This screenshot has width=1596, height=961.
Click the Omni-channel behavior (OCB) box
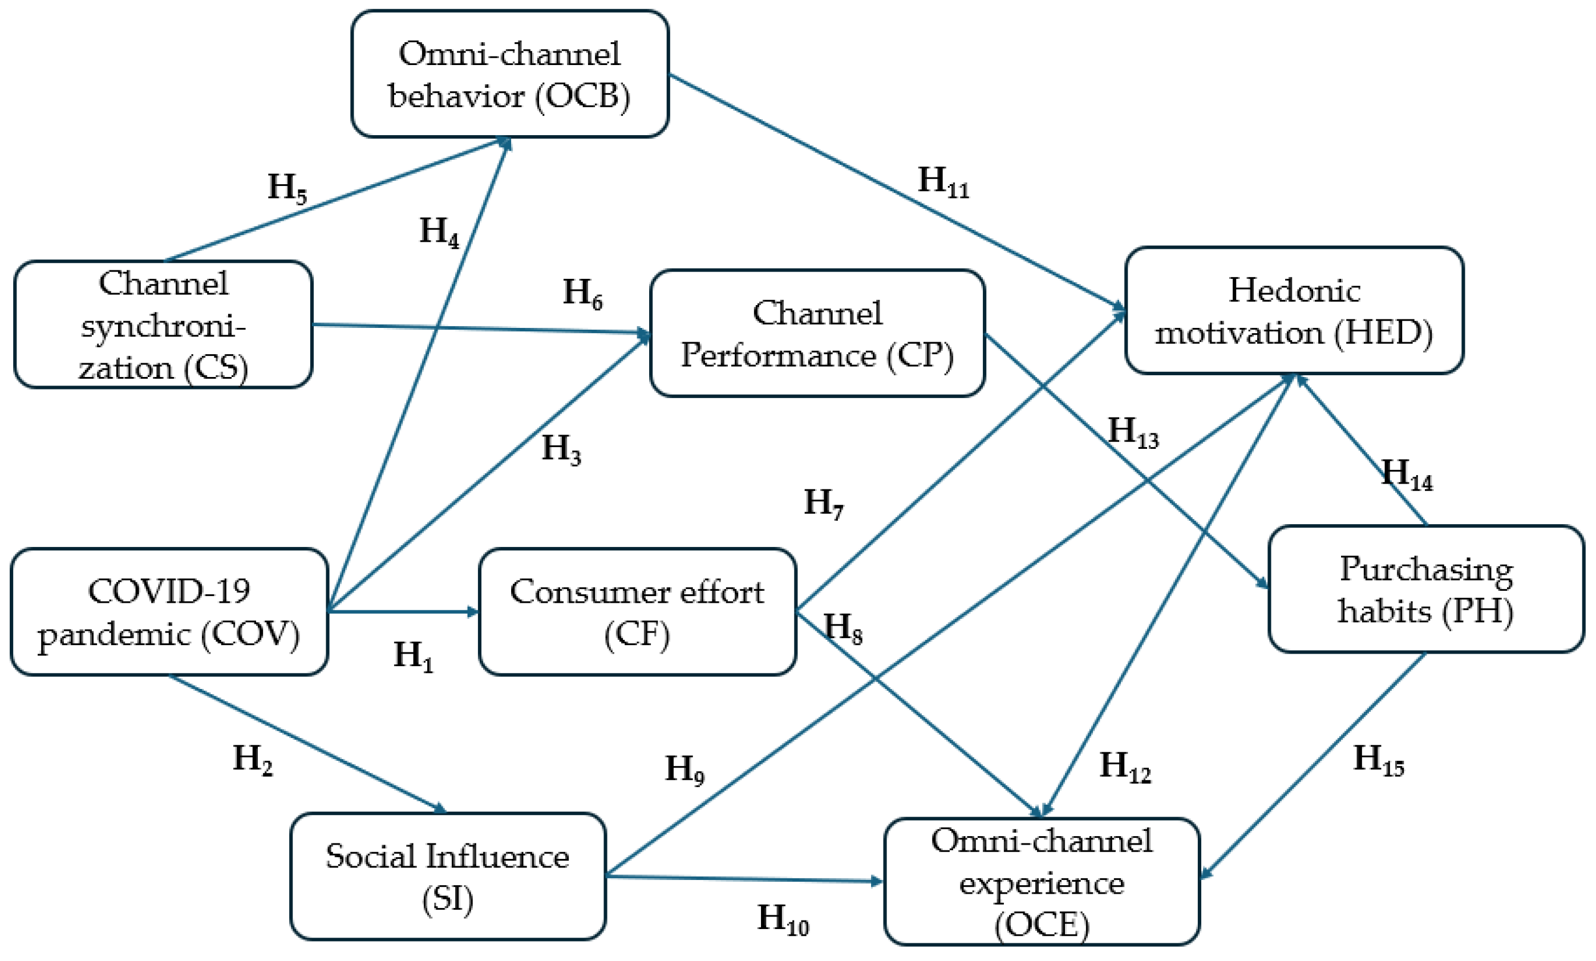tap(509, 74)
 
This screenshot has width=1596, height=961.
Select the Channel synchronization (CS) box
tap(163, 325)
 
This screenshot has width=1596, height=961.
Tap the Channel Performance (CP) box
tap(817, 333)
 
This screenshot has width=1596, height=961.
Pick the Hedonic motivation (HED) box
tap(1294, 311)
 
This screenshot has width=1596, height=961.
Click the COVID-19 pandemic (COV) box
tap(169, 612)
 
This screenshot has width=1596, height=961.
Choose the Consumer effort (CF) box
tap(637, 612)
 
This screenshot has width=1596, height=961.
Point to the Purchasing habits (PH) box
tap(1425, 589)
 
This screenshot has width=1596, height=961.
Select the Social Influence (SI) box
tap(447, 876)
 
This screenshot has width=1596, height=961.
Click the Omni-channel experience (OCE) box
tap(1041, 881)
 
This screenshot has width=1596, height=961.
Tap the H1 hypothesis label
tap(413, 655)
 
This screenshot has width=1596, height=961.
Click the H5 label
tap(287, 188)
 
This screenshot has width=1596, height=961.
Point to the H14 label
tap(1406, 474)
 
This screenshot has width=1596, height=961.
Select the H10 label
tap(782, 919)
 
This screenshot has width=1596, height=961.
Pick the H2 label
tap(253, 759)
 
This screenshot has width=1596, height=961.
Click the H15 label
tap(1378, 759)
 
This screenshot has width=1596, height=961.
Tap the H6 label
tap(582, 293)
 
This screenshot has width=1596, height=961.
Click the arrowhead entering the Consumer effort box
tap(473, 611)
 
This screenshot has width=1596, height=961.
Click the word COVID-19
tap(169, 591)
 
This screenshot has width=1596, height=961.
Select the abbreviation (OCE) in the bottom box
tap(1041, 924)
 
